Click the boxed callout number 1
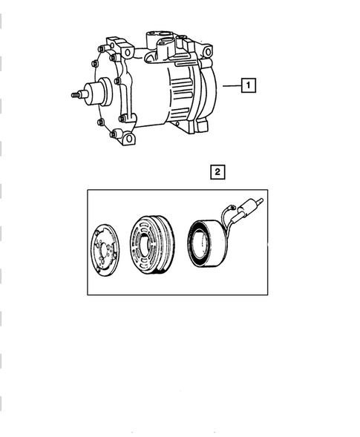coord(249,86)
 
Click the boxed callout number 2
coord(217,173)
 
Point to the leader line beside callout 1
coord(231,86)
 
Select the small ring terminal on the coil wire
coord(232,210)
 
